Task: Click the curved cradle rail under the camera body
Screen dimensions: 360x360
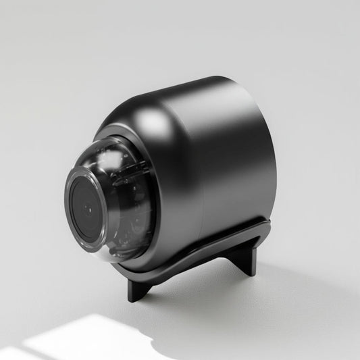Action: (x=203, y=253)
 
